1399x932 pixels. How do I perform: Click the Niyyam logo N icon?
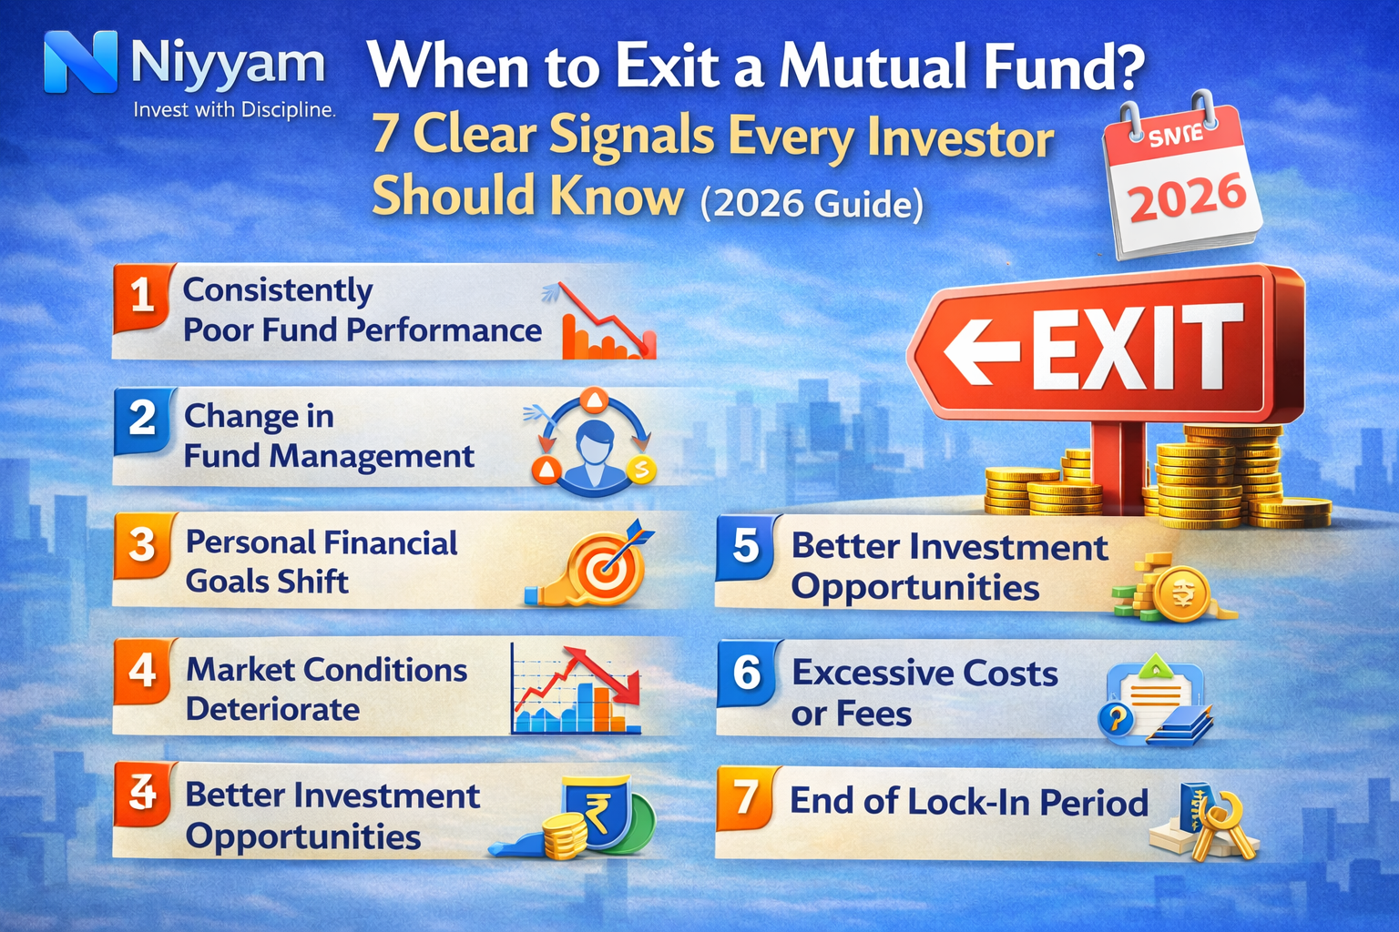(80, 62)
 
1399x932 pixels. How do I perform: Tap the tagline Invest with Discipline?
(234, 110)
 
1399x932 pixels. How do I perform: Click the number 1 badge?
(142, 296)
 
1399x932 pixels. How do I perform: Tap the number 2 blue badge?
(142, 419)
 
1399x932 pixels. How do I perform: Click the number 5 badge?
(746, 545)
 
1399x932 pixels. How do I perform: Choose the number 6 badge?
(747, 673)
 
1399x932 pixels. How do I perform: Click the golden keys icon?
(1216, 824)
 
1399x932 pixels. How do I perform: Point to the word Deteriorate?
(272, 709)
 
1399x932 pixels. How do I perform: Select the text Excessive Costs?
(924, 674)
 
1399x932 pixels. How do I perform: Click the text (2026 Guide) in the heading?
(812, 203)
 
